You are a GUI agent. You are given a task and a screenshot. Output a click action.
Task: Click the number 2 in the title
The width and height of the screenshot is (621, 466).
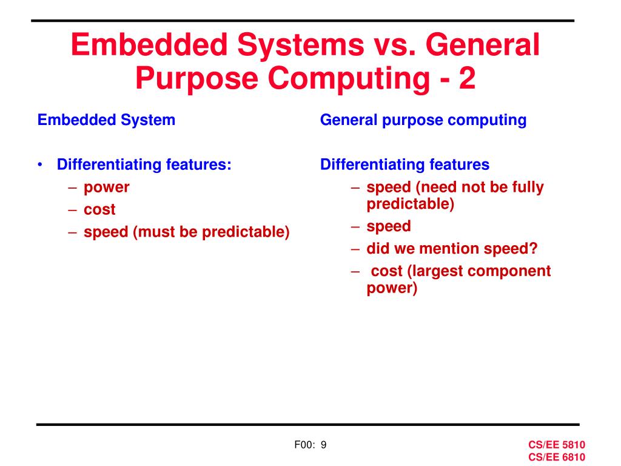(467, 80)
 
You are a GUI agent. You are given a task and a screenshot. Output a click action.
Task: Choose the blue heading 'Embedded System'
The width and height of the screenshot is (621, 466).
(106, 120)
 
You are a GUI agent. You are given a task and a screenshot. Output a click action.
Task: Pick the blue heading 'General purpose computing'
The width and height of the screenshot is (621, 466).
(423, 120)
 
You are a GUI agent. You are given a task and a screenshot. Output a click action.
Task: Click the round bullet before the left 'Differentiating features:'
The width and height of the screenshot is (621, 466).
(40, 165)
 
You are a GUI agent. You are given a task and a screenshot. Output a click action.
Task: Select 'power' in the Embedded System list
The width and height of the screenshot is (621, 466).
(106, 187)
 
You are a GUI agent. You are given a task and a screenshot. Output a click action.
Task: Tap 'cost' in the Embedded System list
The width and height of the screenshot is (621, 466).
(99, 210)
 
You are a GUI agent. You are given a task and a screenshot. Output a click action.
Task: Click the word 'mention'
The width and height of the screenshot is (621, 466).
(451, 249)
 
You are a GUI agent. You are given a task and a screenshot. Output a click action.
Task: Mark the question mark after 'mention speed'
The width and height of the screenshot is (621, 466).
(534, 249)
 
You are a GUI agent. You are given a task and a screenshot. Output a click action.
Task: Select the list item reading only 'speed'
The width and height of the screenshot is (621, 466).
(388, 226)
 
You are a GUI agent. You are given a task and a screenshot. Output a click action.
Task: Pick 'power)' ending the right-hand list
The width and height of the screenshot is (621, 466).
(392, 288)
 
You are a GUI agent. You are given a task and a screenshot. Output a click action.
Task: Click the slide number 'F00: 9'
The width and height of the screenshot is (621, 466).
(310, 445)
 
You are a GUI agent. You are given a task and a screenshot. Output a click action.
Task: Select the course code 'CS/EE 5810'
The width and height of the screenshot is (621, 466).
(556, 445)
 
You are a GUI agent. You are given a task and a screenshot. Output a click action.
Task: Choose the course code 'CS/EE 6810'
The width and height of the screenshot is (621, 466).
(556, 457)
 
